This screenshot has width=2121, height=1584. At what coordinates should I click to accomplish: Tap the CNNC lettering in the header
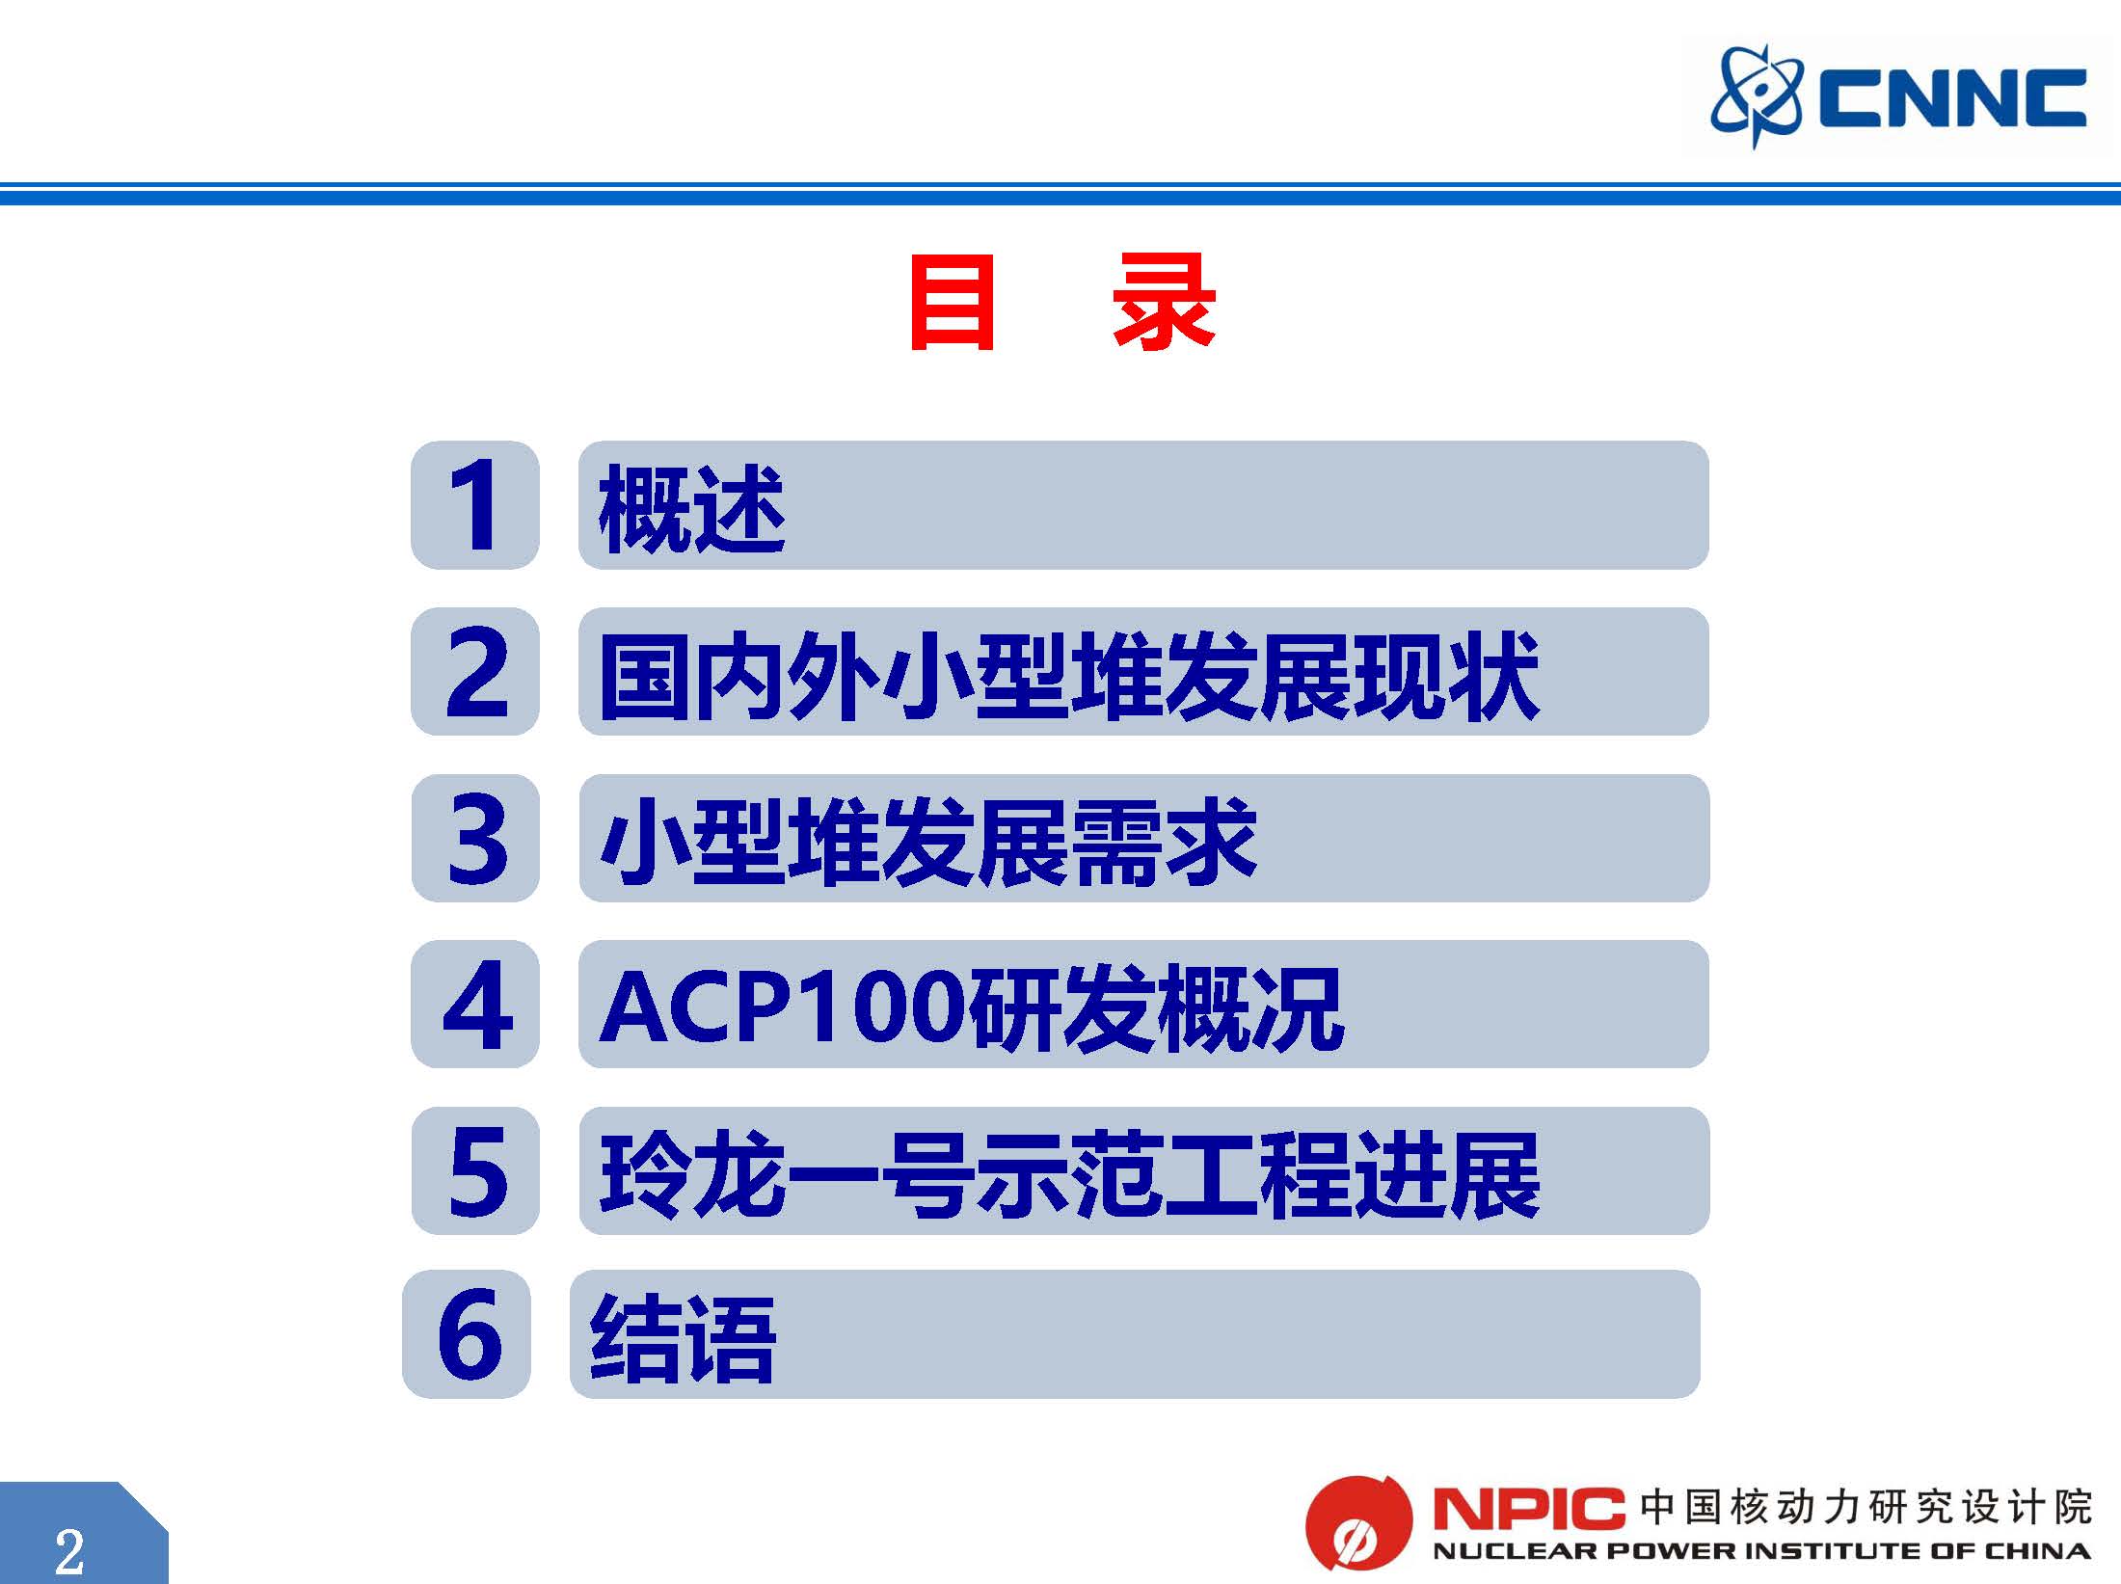coord(1952,98)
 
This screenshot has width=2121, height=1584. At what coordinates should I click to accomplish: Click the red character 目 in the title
coord(952,303)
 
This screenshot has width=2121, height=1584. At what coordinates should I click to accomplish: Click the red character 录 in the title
coord(1165,302)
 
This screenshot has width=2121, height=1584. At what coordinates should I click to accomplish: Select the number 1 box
coord(475,505)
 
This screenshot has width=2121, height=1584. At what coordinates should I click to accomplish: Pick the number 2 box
coord(475,671)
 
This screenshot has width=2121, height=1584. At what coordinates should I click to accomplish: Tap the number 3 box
coord(475,838)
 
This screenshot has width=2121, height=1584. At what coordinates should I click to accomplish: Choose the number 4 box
coord(475,1004)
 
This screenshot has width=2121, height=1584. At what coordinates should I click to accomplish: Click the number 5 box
coord(475,1170)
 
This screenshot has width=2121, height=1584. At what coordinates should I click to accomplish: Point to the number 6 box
coord(467,1334)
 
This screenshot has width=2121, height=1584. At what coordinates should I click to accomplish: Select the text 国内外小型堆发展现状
coord(1068,676)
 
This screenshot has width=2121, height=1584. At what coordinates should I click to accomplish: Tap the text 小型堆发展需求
coord(927,842)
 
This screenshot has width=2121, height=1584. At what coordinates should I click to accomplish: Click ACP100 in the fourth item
coord(783,1007)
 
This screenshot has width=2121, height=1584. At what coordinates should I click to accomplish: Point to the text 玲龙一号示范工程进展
coord(1069,1174)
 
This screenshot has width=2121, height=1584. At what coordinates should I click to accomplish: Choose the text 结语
coord(684,1338)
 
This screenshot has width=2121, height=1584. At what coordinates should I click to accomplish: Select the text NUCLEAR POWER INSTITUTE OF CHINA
coord(1761,1552)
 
